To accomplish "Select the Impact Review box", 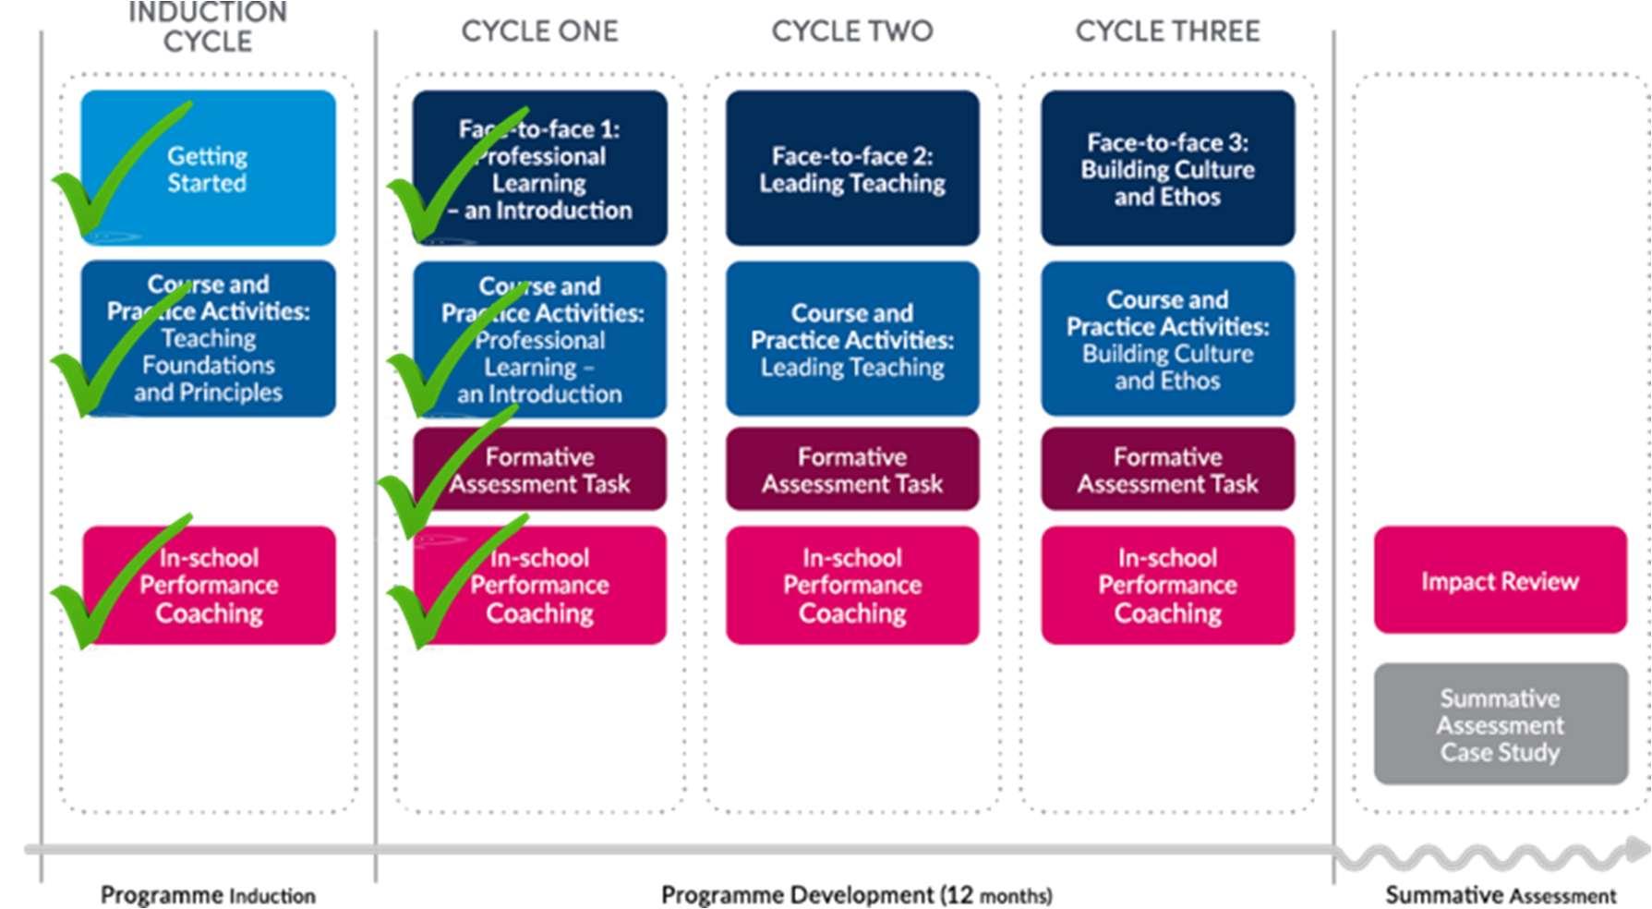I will pos(1500,580).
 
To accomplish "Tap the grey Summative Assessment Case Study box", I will pos(1500,724).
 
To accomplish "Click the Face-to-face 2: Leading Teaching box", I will pos(852,168).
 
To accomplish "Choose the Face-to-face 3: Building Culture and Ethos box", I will pos(1167,168).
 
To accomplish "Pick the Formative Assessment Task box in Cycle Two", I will pos(852,469).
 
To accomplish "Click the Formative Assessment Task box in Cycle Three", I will pos(1167,469).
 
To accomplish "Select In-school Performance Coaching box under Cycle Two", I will pos(852,585).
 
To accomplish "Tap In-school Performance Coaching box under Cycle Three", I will pos(1167,585).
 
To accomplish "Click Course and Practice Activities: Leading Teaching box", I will pos(852,339).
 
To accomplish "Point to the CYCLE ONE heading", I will pos(539,31).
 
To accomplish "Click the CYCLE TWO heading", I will pos(852,31).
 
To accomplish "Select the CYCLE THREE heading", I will pos(1167,31).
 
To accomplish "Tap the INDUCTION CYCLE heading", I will pos(208,28).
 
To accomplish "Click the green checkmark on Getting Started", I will pos(102,185).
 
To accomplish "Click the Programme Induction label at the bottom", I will pos(208,894).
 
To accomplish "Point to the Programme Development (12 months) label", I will pos(856,894).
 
